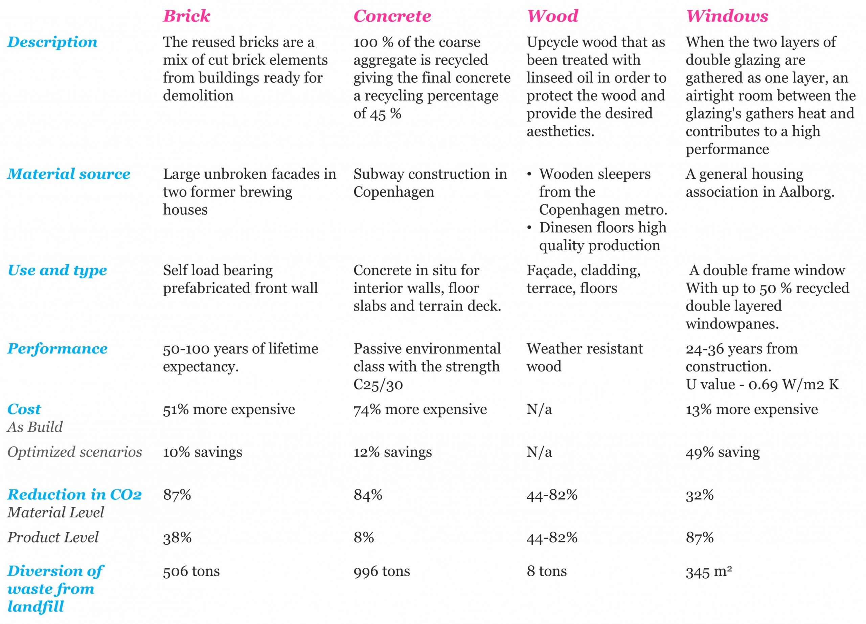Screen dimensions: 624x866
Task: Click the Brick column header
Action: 186,16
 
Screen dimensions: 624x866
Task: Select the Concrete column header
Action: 392,16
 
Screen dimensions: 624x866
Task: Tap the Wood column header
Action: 552,16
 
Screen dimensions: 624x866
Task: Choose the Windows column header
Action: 727,16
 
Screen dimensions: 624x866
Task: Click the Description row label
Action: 52,42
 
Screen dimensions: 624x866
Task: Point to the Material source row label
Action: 69,174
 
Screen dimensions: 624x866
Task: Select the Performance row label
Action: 57,348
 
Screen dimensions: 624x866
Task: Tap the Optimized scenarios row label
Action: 74,452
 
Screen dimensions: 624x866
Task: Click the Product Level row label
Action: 53,537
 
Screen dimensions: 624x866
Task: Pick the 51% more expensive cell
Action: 229,409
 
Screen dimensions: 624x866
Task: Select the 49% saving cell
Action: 723,452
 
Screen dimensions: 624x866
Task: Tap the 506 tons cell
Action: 191,571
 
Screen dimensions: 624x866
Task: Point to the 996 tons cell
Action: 382,571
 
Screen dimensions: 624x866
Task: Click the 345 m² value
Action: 709,572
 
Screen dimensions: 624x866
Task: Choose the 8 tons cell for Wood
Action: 546,571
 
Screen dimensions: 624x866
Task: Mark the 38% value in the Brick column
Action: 177,538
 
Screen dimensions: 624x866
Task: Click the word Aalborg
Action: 806,192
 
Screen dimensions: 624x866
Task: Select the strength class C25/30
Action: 378,384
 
